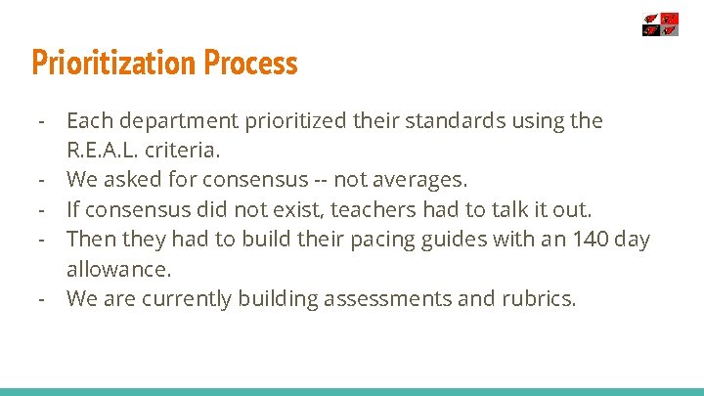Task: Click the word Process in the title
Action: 251,63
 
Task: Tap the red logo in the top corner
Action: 660,24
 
